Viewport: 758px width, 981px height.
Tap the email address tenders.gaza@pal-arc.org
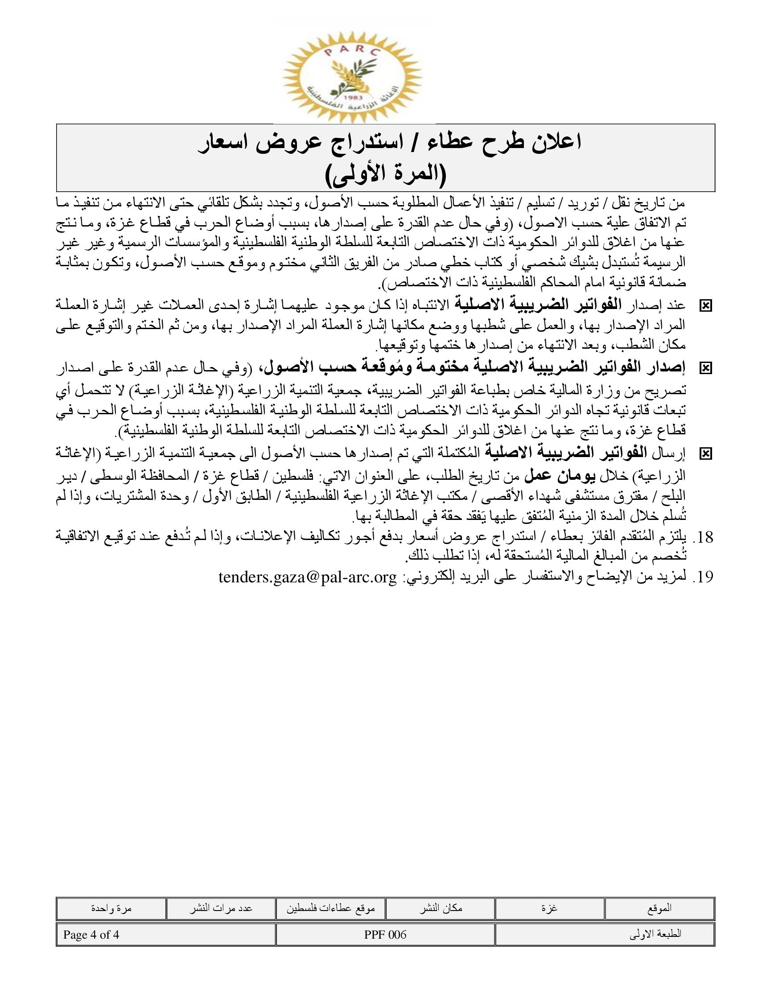[308, 577]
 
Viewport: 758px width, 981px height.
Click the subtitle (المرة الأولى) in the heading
[385, 175]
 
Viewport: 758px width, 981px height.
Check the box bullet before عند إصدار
[705, 306]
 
